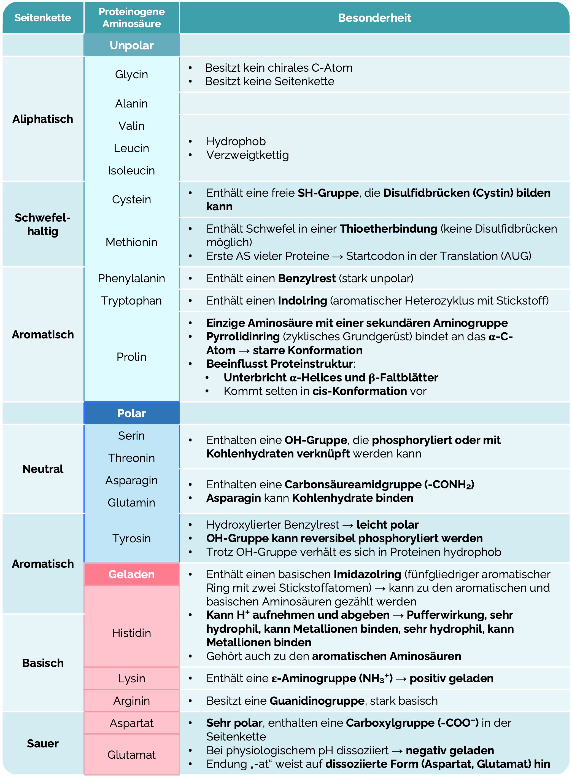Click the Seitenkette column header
[43, 18]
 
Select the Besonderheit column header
[374, 18]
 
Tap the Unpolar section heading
[132, 45]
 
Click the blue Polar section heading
[132, 413]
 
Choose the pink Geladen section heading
[132, 574]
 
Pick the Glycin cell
[132, 74]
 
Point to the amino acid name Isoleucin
[132, 170]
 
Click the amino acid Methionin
[132, 242]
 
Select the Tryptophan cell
[132, 301]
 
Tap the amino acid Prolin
[132, 357]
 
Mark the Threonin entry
[132, 458]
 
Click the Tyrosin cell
[132, 539]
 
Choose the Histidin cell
[132, 633]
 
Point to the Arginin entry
[132, 701]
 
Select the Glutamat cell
[132, 755]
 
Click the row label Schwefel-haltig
[43, 224]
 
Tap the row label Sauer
[43, 743]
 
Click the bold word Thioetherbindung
[388, 229]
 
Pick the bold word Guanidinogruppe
[317, 701]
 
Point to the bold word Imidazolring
[367, 574]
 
